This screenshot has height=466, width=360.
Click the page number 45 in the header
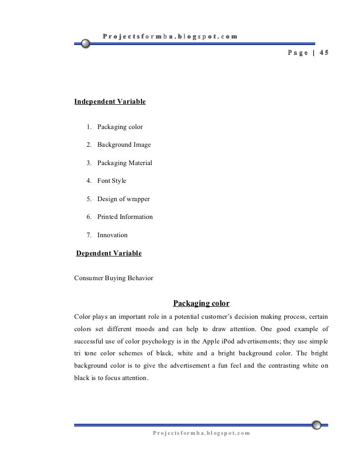click(x=323, y=53)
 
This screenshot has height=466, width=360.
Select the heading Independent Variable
click(x=110, y=102)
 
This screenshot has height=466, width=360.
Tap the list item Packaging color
click(x=120, y=127)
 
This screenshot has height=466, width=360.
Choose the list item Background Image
click(x=124, y=145)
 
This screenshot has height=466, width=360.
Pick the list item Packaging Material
click(x=125, y=163)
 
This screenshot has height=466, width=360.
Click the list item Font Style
click(x=112, y=181)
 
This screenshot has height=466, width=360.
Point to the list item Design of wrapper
click(x=123, y=199)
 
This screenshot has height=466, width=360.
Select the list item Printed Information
click(x=125, y=217)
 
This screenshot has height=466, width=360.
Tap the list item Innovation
click(x=112, y=235)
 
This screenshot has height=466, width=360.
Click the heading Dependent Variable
click(x=108, y=254)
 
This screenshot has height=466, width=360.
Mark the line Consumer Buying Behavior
click(x=113, y=278)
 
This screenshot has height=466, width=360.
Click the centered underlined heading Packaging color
click(x=201, y=303)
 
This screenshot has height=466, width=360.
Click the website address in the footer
click(x=202, y=433)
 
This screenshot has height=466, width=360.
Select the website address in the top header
click(x=170, y=36)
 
